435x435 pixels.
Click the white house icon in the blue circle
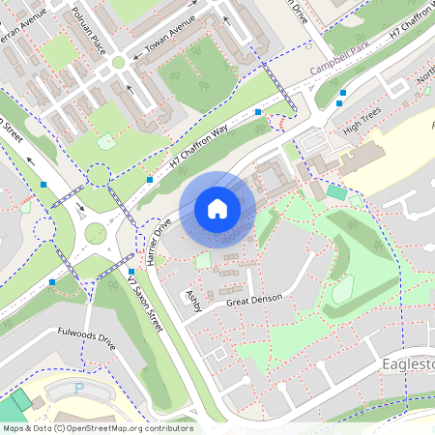click(217, 209)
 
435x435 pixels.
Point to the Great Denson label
click(253, 300)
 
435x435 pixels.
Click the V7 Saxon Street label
click(146, 310)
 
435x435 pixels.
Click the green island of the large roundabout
click(95, 232)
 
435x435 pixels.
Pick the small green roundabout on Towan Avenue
click(118, 63)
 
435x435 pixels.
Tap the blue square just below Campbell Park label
click(341, 93)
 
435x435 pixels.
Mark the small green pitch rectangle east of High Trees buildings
click(335, 192)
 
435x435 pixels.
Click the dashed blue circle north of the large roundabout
click(99, 175)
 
